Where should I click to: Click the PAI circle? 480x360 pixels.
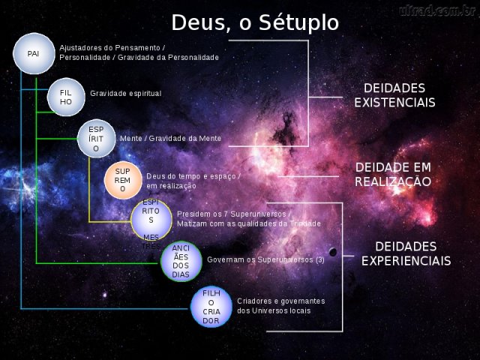pyautogui.click(x=34, y=53)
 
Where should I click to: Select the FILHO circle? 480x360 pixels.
pyautogui.click(x=66, y=97)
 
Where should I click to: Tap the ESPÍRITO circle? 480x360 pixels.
pyautogui.click(x=96, y=139)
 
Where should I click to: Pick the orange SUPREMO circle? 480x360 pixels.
pyautogui.click(x=123, y=180)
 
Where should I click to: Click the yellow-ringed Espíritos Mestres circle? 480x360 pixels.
pyautogui.click(x=151, y=220)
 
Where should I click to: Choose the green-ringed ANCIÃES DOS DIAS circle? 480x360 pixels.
pyautogui.click(x=181, y=261)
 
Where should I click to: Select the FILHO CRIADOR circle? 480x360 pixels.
pyautogui.click(x=211, y=307)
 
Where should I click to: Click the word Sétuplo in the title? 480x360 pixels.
pyautogui.click(x=298, y=23)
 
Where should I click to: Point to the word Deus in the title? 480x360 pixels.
pyautogui.click(x=198, y=23)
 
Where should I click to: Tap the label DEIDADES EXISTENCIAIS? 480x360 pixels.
pyautogui.click(x=394, y=95)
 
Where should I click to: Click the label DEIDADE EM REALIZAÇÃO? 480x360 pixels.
pyautogui.click(x=393, y=175)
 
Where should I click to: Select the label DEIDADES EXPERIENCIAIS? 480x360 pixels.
pyautogui.click(x=406, y=253)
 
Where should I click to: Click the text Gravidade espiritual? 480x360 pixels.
pyautogui.click(x=126, y=94)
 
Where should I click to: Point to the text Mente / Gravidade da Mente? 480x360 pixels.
pyautogui.click(x=170, y=138)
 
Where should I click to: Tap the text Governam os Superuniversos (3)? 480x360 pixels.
pyautogui.click(x=265, y=260)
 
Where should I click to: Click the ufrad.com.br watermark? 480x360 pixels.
pyautogui.click(x=437, y=10)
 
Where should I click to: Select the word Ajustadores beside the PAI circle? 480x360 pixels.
pyautogui.click(x=79, y=48)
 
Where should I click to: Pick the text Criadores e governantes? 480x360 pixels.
pyautogui.click(x=281, y=301)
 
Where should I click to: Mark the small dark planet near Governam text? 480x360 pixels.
pyautogui.click(x=333, y=252)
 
